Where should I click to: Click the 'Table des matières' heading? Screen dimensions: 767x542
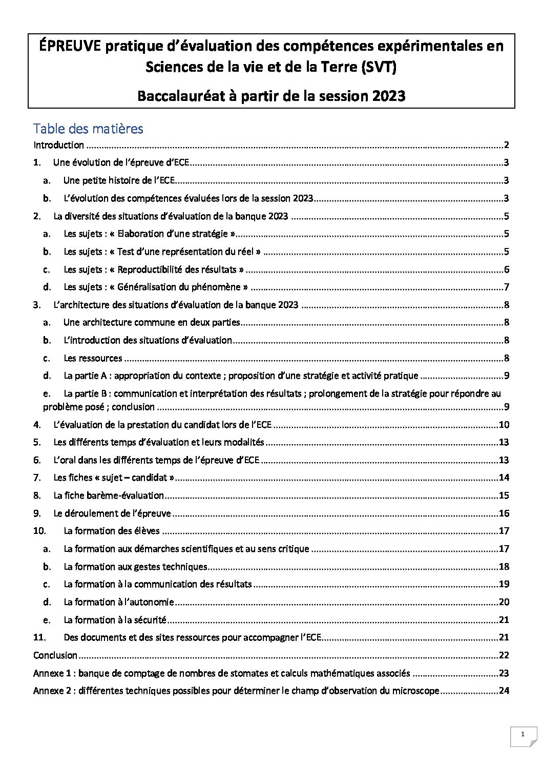[88, 128]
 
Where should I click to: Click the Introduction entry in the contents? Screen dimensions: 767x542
[58, 145]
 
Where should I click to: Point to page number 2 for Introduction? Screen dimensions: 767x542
[506, 145]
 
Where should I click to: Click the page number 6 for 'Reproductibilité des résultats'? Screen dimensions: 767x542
[506, 270]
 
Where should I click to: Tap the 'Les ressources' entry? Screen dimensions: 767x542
[93, 358]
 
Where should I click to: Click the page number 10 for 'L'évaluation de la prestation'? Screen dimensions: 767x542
[504, 425]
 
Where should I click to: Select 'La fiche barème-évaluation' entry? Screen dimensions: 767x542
[109, 495]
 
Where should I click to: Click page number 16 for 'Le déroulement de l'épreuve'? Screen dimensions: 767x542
[504, 513]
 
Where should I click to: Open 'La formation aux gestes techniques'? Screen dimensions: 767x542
[135, 567]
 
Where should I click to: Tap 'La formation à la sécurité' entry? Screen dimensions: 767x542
[115, 620]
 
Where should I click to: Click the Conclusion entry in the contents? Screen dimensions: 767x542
[55, 655]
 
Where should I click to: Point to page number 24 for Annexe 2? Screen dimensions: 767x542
[504, 691]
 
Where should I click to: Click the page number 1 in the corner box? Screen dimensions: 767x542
[523, 735]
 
